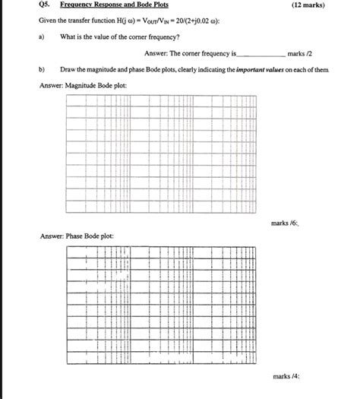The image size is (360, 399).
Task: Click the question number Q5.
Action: tap(45, 5)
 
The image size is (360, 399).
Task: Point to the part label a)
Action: tap(41, 36)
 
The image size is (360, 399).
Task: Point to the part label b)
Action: tap(41, 69)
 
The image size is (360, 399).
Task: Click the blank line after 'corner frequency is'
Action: tap(262, 55)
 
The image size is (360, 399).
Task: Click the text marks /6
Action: tap(285, 223)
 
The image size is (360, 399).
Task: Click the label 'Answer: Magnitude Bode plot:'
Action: tap(83, 85)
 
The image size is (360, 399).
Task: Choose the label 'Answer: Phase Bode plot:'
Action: tap(76, 236)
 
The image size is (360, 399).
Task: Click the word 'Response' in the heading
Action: tap(112, 5)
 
